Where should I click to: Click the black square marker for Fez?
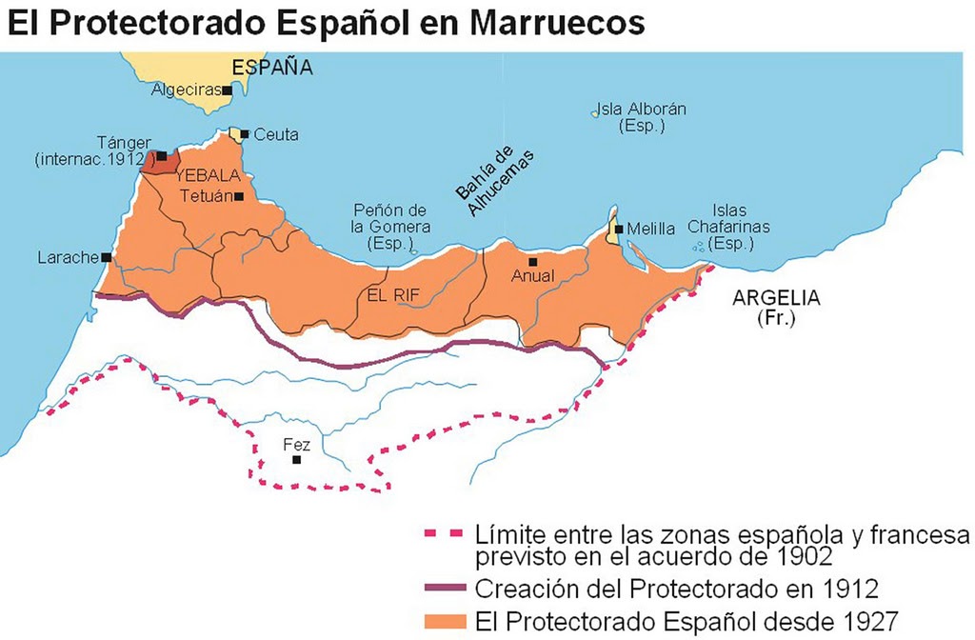tap(297, 459)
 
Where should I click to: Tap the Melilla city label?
tap(651, 230)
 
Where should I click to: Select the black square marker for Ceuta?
tap(245, 134)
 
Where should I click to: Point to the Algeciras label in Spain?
tap(187, 90)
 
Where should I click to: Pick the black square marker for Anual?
tap(532, 261)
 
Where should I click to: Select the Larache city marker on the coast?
tap(107, 257)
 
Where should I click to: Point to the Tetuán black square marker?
tap(239, 196)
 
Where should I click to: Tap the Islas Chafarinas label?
tap(729, 227)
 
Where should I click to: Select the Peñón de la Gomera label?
tap(390, 227)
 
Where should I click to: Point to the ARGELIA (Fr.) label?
tap(775, 307)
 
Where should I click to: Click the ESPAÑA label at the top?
tap(272, 67)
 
